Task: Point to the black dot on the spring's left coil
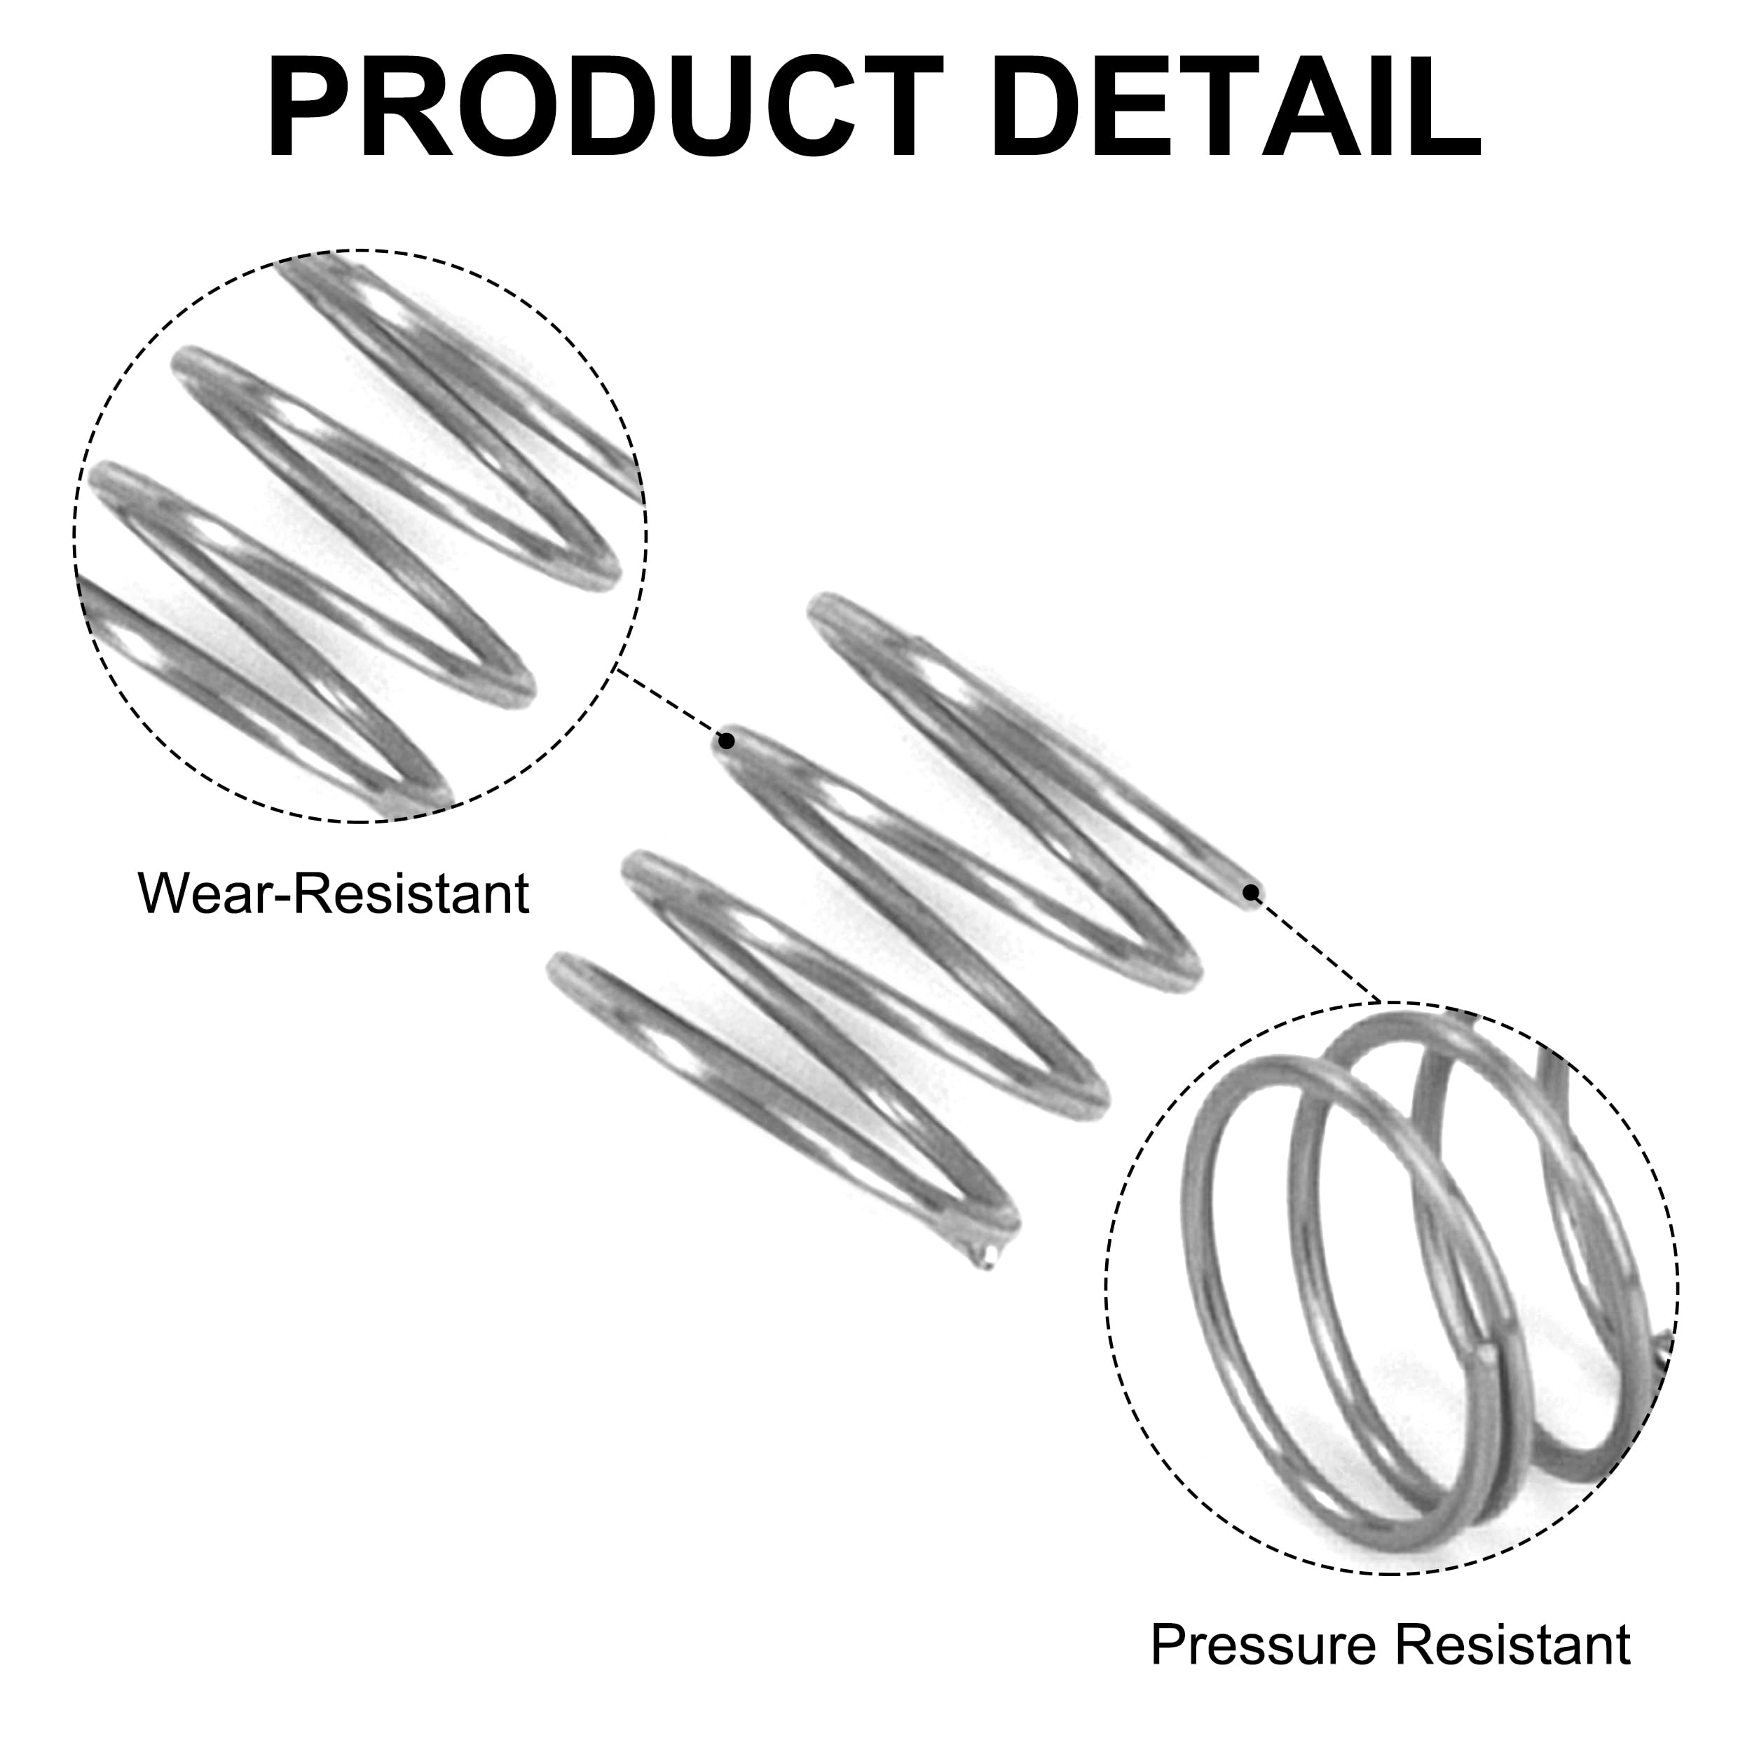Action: [726, 741]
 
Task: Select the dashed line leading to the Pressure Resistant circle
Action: [1315, 947]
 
